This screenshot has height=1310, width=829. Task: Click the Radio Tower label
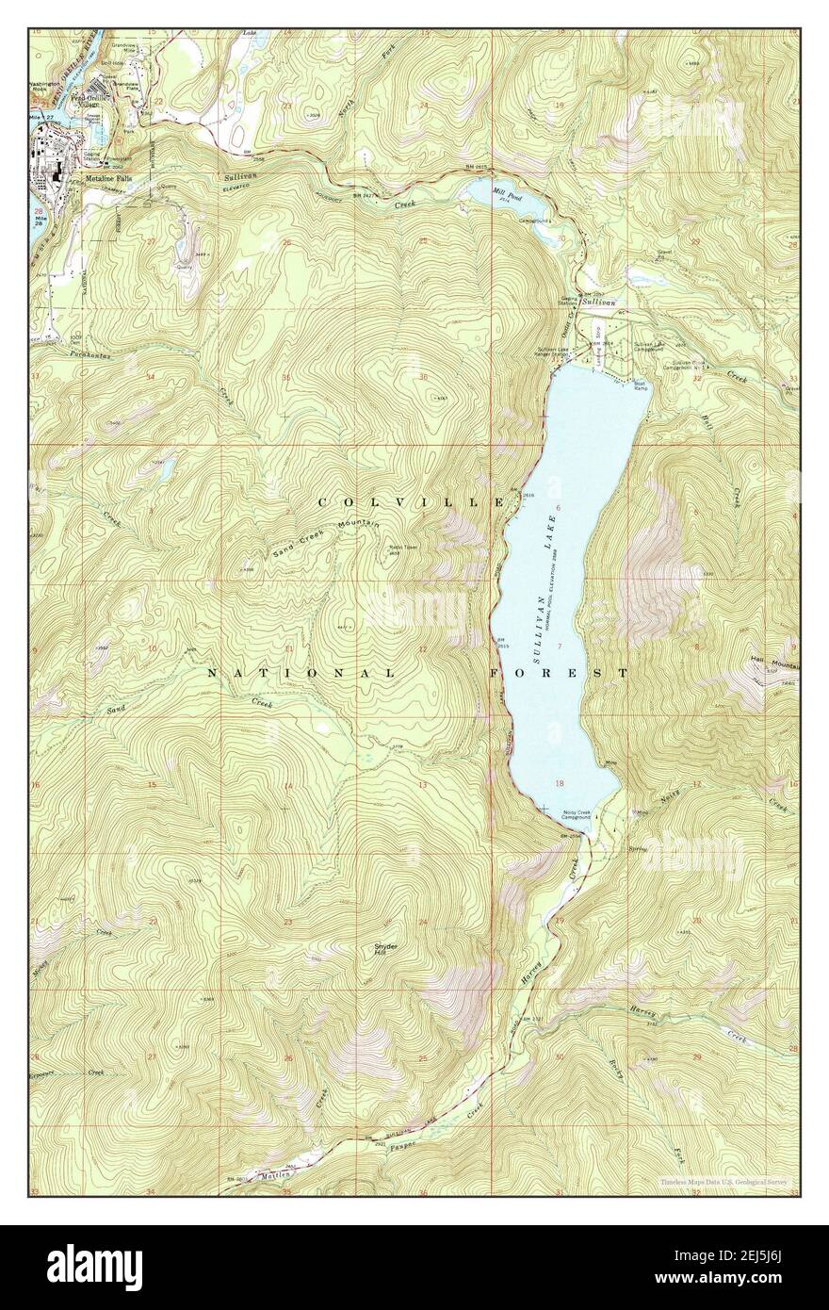[x=404, y=548]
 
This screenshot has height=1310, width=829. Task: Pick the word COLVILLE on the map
[x=411, y=502]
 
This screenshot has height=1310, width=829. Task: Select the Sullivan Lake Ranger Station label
[x=554, y=353]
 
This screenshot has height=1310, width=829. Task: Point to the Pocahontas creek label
[x=91, y=354]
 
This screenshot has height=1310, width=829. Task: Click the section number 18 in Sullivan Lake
[x=561, y=784]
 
